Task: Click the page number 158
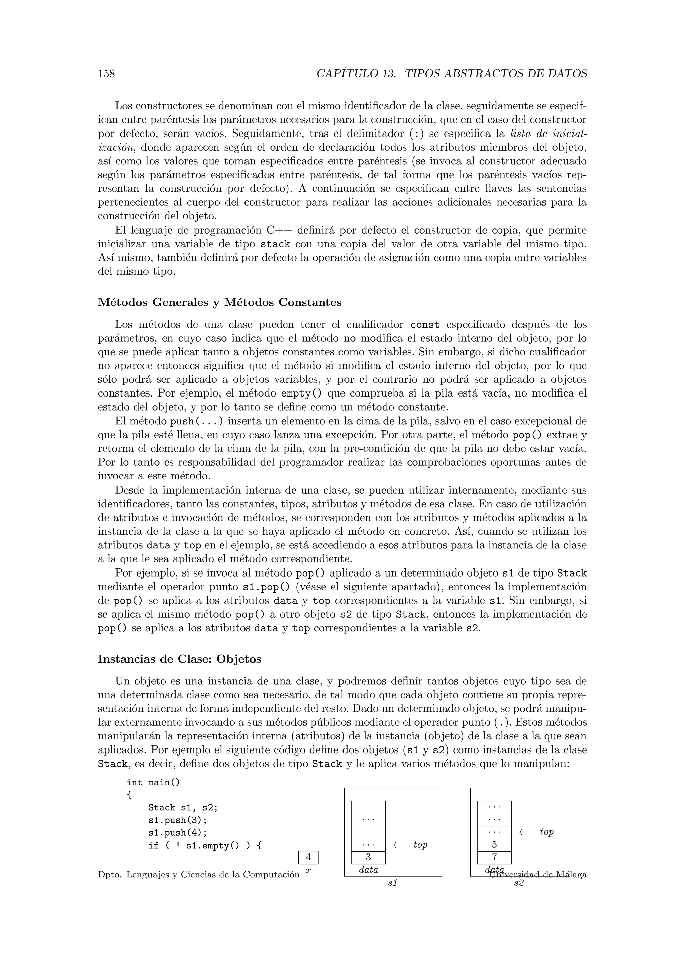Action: tap(106, 74)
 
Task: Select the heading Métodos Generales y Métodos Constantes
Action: tap(219, 302)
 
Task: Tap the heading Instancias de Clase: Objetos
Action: tap(179, 659)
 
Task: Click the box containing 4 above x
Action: tap(308, 857)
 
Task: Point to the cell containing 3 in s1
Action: tap(368, 857)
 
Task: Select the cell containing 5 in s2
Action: tap(494, 845)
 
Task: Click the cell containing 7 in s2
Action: tap(494, 857)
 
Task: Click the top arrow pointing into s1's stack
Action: tap(410, 845)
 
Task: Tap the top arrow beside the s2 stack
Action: tap(536, 832)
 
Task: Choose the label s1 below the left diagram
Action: tap(392, 883)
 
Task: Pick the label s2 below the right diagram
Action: tap(518, 883)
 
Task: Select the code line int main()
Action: tap(153, 782)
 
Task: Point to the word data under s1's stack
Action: tap(368, 870)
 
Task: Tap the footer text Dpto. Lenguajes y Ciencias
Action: tap(198, 875)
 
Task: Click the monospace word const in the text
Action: tap(425, 325)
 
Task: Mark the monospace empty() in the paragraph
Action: tap(301, 394)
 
